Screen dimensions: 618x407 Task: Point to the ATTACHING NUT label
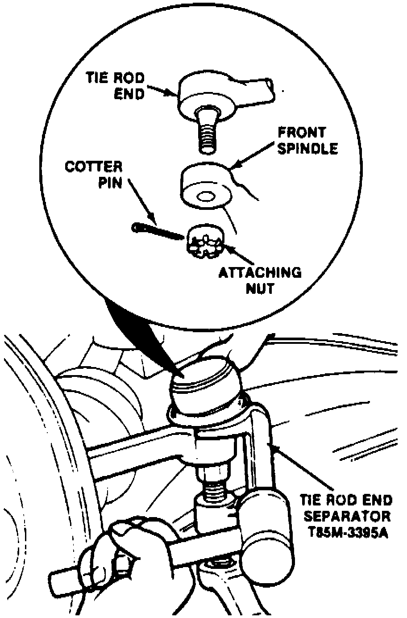(259, 279)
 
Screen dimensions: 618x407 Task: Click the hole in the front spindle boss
(206, 197)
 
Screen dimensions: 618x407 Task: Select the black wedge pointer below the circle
(134, 330)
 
